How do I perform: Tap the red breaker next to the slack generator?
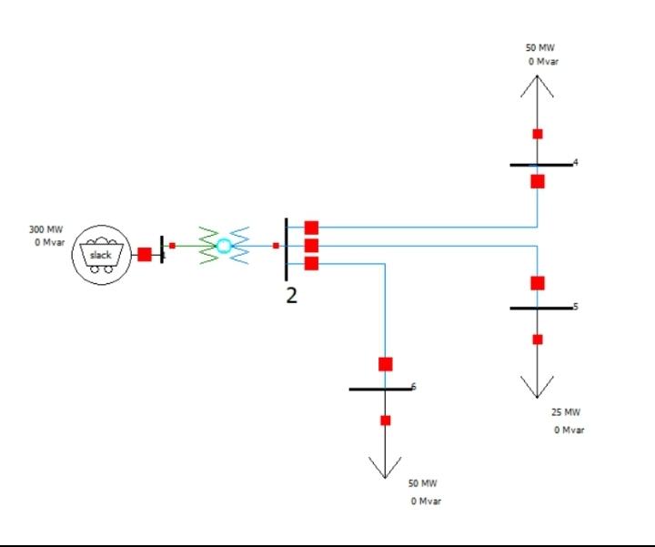145,254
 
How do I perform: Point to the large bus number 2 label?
291,296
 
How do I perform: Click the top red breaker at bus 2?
311,228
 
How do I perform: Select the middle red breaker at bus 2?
311,246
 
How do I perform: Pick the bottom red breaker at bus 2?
311,264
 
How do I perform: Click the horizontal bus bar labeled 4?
540,165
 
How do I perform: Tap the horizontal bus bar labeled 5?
540,309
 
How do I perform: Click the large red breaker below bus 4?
538,181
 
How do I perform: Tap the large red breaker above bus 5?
538,283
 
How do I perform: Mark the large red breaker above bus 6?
386,364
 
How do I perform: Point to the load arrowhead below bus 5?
538,388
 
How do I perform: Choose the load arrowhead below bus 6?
386,468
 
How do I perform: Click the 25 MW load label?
566,412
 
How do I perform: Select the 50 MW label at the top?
539,48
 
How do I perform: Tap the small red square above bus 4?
538,134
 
